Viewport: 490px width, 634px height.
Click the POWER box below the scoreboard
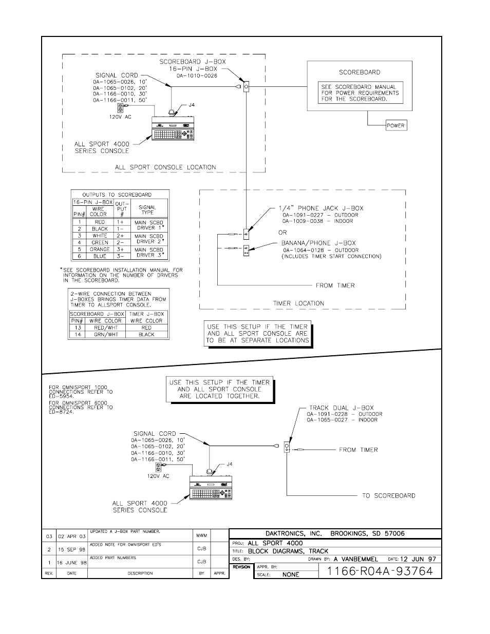[395, 125]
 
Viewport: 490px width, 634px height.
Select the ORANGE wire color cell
[100, 249]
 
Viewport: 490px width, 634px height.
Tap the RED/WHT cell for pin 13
[105, 328]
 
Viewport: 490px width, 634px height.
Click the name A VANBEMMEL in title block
[355, 559]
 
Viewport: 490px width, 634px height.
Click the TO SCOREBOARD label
[388, 495]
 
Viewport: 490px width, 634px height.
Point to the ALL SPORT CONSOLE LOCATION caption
[165, 167]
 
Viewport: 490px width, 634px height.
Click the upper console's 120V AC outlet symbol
[121, 108]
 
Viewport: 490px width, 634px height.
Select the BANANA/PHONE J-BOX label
[318, 243]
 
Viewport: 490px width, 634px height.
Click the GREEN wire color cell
[100, 242]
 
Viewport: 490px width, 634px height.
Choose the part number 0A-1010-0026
[197, 76]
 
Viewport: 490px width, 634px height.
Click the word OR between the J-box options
[283, 232]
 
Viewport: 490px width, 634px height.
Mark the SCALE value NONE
[291, 574]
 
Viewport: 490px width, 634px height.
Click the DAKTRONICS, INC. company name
[293, 533]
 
